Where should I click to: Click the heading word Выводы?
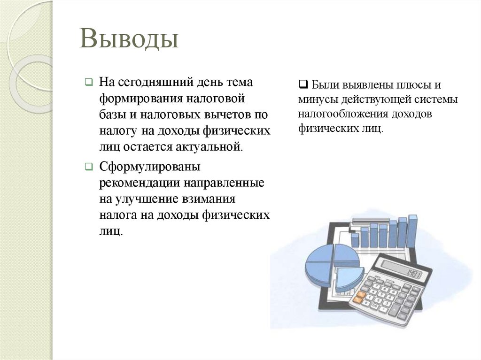point(129,39)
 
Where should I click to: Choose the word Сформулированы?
point(150,167)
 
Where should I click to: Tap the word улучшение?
point(146,199)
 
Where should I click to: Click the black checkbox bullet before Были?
point(303,85)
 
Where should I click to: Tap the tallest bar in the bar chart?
point(412,230)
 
